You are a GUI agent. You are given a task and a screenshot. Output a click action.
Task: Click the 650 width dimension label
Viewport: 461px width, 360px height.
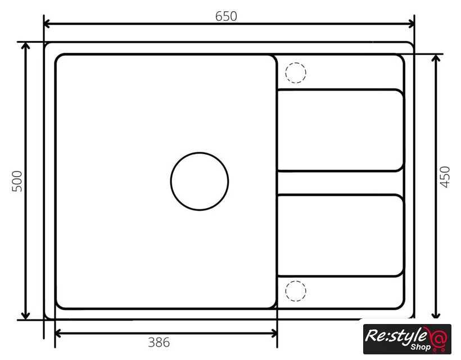click(x=226, y=16)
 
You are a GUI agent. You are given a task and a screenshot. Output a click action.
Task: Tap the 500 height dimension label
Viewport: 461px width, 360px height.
click(x=17, y=181)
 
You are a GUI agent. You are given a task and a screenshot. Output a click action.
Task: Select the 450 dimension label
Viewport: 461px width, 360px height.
click(x=445, y=177)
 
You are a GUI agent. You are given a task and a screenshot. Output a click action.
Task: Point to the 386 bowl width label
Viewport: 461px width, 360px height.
click(x=159, y=343)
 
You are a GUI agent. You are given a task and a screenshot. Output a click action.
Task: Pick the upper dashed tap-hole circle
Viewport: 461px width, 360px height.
click(x=296, y=63)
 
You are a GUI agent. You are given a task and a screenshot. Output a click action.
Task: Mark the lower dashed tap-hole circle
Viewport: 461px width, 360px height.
click(x=296, y=281)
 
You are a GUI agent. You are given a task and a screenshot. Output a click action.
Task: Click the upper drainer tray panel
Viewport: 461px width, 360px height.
click(x=341, y=130)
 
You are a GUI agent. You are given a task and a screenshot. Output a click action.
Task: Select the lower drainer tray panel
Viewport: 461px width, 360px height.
click(x=341, y=235)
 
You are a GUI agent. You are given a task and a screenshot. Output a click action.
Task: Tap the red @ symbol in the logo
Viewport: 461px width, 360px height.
click(x=438, y=338)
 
